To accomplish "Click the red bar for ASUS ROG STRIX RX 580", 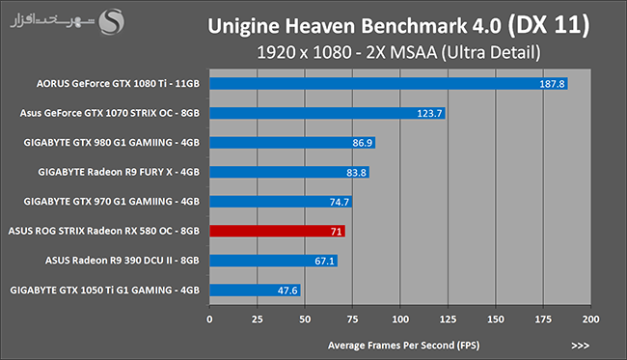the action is (x=277, y=232).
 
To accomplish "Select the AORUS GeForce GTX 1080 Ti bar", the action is (x=389, y=84).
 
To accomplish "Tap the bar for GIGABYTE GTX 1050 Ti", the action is (x=255, y=290).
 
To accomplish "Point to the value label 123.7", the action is (x=429, y=113).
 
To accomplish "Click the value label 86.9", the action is (x=363, y=143).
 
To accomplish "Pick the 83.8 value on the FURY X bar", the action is (x=356, y=173).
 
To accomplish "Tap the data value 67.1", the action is (x=324, y=261).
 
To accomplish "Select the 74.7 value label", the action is (x=340, y=202).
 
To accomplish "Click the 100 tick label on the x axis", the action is (x=400, y=319).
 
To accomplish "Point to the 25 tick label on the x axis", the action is (x=258, y=319).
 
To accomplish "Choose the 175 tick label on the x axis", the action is (x=543, y=319).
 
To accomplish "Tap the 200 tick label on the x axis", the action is (x=590, y=319).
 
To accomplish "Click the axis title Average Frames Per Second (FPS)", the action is (x=403, y=346).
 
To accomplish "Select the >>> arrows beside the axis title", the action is (x=580, y=346).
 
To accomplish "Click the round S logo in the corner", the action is (x=112, y=21).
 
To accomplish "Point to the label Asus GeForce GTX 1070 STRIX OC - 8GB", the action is (x=110, y=113).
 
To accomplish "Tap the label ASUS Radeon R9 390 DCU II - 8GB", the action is (x=122, y=261).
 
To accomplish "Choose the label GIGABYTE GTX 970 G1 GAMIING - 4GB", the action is (x=111, y=201).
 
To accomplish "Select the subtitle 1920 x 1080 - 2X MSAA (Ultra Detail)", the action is (x=398, y=52).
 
